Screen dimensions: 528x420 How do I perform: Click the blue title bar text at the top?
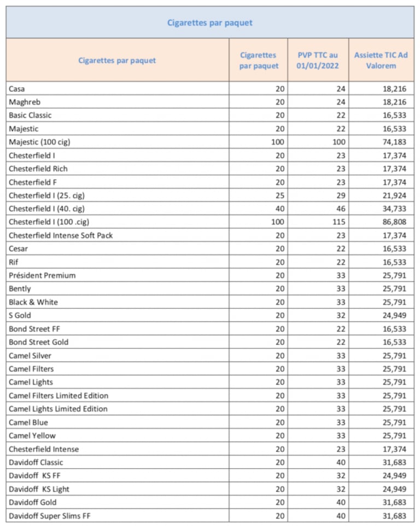pyautogui.click(x=209, y=22)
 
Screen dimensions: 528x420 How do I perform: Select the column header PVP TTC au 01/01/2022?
pyautogui.click(x=318, y=60)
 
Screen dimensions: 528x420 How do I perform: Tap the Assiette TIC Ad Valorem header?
pyautogui.click(x=381, y=60)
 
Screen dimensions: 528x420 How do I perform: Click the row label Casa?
pyautogui.click(x=17, y=89)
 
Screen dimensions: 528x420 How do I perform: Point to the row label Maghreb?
pyautogui.click(x=25, y=102)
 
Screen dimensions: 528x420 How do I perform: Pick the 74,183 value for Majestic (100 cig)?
pyautogui.click(x=394, y=142)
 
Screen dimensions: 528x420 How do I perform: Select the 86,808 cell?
pyautogui.click(x=394, y=222)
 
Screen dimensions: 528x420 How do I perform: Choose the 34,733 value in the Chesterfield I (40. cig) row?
pyautogui.click(x=394, y=208)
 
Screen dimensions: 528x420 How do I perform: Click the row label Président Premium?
pyautogui.click(x=42, y=275)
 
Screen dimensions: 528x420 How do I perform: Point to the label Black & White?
pyautogui.click(x=33, y=302)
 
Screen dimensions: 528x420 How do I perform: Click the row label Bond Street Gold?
pyautogui.click(x=39, y=342)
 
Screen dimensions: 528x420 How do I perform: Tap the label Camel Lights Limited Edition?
pyautogui.click(x=58, y=409)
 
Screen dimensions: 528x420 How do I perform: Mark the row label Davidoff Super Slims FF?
pyautogui.click(x=49, y=516)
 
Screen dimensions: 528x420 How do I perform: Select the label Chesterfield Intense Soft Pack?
pyautogui.click(x=61, y=235)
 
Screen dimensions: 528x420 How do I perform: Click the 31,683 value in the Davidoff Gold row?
pyautogui.click(x=394, y=502)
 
